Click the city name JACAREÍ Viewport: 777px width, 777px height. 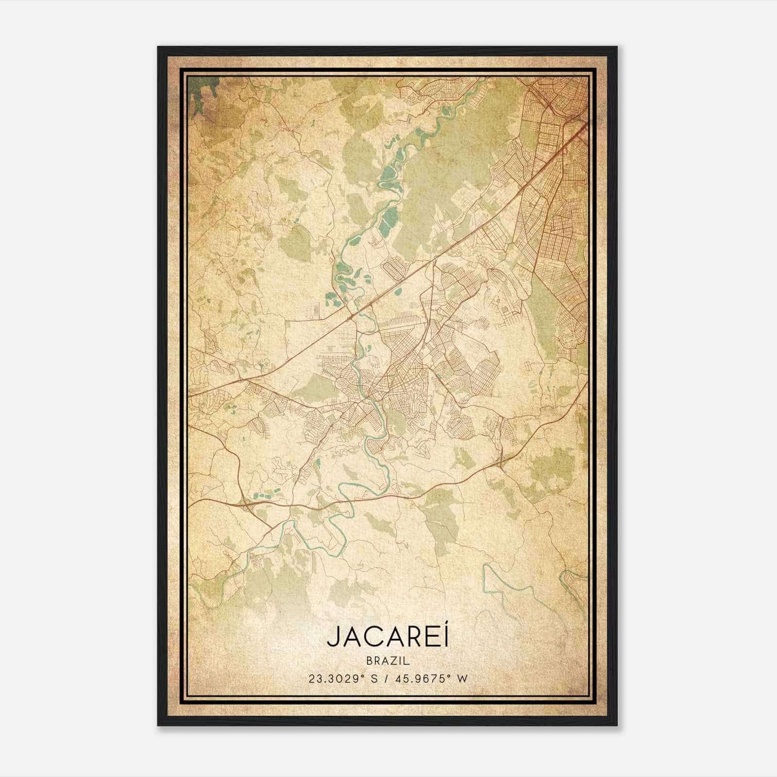point(388,637)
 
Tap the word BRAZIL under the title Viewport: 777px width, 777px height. point(388,661)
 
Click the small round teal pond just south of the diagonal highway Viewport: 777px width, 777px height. point(400,292)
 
